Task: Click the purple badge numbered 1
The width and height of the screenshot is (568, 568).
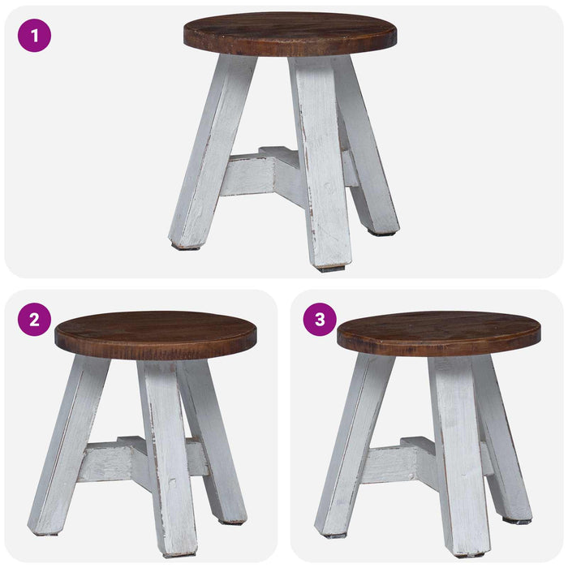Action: pyautogui.click(x=34, y=36)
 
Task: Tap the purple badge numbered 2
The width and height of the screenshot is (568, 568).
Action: pyautogui.click(x=34, y=320)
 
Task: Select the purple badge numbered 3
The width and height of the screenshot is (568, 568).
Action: pyautogui.click(x=320, y=320)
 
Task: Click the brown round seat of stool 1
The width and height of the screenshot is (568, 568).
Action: pyautogui.click(x=290, y=34)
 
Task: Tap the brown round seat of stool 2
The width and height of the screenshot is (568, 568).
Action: pyautogui.click(x=156, y=335)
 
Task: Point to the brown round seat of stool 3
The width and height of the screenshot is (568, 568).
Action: pyautogui.click(x=439, y=333)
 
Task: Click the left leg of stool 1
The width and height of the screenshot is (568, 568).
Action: pyautogui.click(x=212, y=153)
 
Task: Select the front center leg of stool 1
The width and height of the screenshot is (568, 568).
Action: pyautogui.click(x=321, y=163)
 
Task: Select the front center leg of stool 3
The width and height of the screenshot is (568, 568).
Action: pyautogui.click(x=458, y=456)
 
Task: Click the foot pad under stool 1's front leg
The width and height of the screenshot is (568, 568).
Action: pyautogui.click(x=331, y=269)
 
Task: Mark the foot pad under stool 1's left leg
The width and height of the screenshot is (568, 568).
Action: pyautogui.click(x=186, y=247)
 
